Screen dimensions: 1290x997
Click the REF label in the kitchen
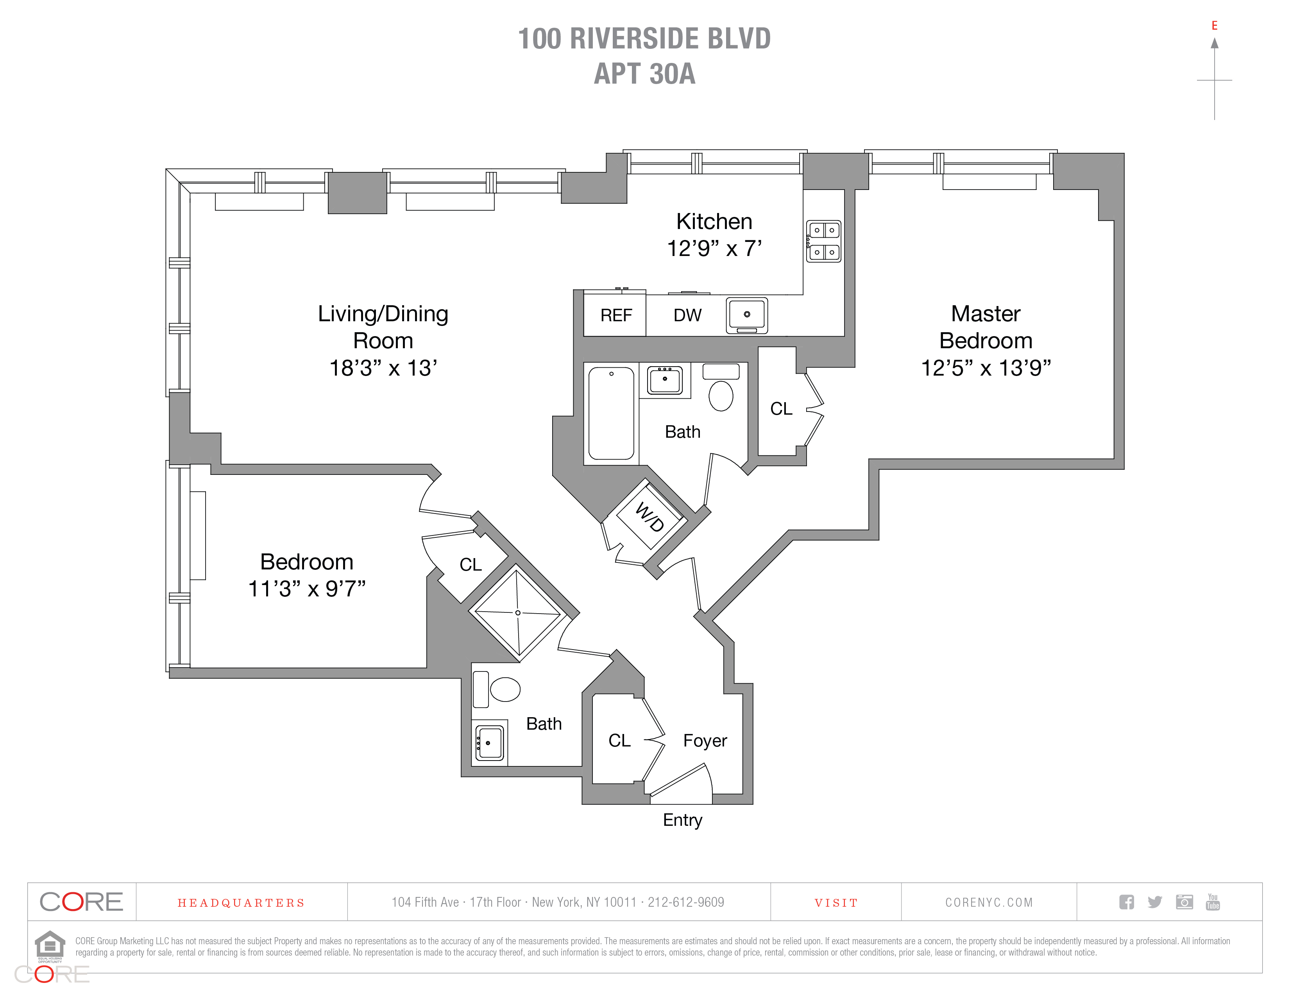pyautogui.click(x=616, y=315)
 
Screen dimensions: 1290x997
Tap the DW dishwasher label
pyautogui.click(x=687, y=315)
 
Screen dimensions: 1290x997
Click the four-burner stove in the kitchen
pyautogui.click(x=823, y=241)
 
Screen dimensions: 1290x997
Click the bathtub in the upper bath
pyautogui.click(x=611, y=413)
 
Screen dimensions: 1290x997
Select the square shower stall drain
pyautogui.click(x=518, y=612)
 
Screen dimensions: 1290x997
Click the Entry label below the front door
pyautogui.click(x=683, y=820)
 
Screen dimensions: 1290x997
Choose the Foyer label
pyautogui.click(x=705, y=741)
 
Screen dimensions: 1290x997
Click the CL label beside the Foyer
pyautogui.click(x=620, y=741)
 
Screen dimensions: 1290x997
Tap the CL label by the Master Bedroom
pyautogui.click(x=782, y=409)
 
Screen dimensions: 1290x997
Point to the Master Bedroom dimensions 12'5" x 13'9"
pyautogui.click(x=986, y=368)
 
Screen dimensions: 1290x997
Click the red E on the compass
pyautogui.click(x=1215, y=25)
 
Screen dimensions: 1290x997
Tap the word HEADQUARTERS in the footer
pyautogui.click(x=241, y=903)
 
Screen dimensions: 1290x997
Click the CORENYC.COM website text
pyautogui.click(x=989, y=902)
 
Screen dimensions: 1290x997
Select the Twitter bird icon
pyautogui.click(x=1155, y=902)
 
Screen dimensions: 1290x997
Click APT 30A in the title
pyautogui.click(x=644, y=74)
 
